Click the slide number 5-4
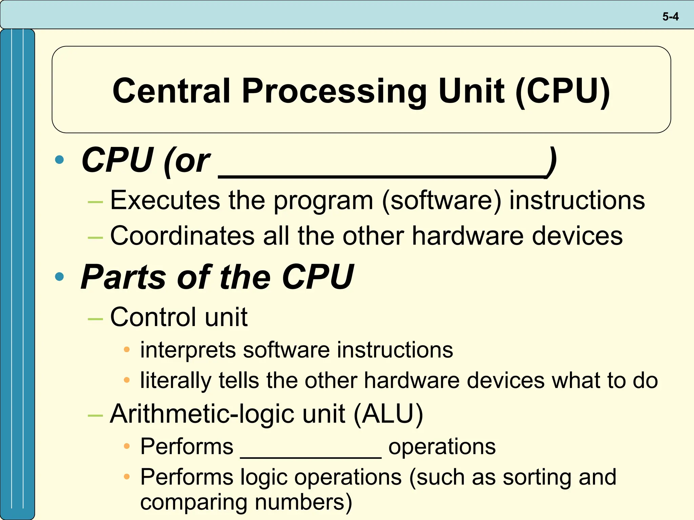pos(670,17)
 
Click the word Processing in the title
pos(334,91)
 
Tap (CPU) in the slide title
pos(563,91)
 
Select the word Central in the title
pos(171,91)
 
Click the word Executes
pos(165,200)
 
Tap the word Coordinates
pos(182,236)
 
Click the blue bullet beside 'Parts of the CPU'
pos(59,277)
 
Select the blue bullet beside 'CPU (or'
pos(59,159)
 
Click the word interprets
pos(188,350)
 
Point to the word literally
pos(176,381)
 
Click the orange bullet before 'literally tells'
pos(127,380)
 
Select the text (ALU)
pos(388,414)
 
